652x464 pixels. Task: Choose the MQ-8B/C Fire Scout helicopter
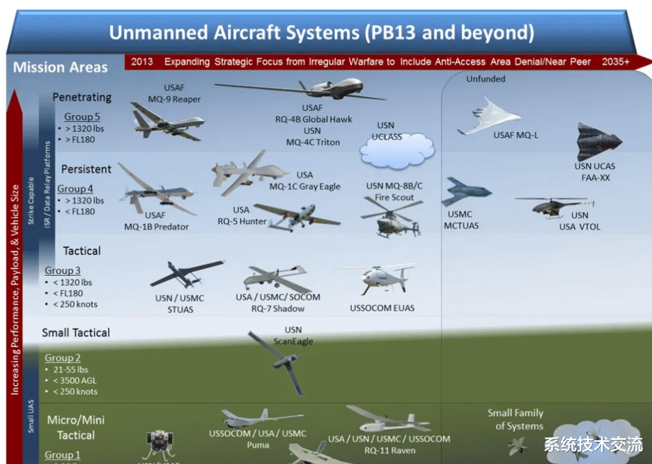(x=391, y=217)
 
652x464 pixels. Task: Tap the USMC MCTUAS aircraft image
(x=465, y=192)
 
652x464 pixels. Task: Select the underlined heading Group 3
(x=63, y=271)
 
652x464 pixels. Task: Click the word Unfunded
(x=485, y=79)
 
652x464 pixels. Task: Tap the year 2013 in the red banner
(x=142, y=62)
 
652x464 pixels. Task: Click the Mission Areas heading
(x=60, y=67)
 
